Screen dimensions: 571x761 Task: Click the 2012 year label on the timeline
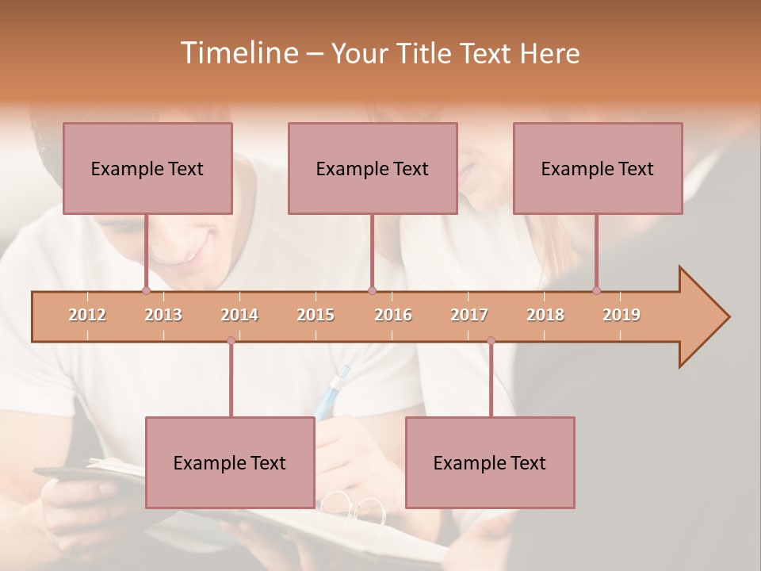[x=87, y=316]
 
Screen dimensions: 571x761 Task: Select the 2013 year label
[x=163, y=316]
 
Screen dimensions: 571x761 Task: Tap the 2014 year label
[x=239, y=316]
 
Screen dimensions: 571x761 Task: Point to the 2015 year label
[x=315, y=316]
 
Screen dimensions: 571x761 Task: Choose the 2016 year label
[x=393, y=316]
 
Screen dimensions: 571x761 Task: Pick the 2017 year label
[x=469, y=316]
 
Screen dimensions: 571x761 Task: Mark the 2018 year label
[x=545, y=316]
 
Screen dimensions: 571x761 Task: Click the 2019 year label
[x=621, y=316]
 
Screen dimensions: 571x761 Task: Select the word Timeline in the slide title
[x=238, y=53]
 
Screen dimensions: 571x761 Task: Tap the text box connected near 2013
[x=147, y=168]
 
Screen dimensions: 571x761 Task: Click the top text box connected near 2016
[x=373, y=168]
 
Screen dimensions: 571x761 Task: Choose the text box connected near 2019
[x=598, y=168]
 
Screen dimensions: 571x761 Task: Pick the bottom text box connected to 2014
[x=230, y=462]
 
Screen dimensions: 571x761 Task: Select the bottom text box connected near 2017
[x=490, y=462]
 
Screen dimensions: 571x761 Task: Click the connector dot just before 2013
[x=146, y=290]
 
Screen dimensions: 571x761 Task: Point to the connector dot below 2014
[x=231, y=340]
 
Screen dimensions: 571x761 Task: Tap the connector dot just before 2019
[x=596, y=290]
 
